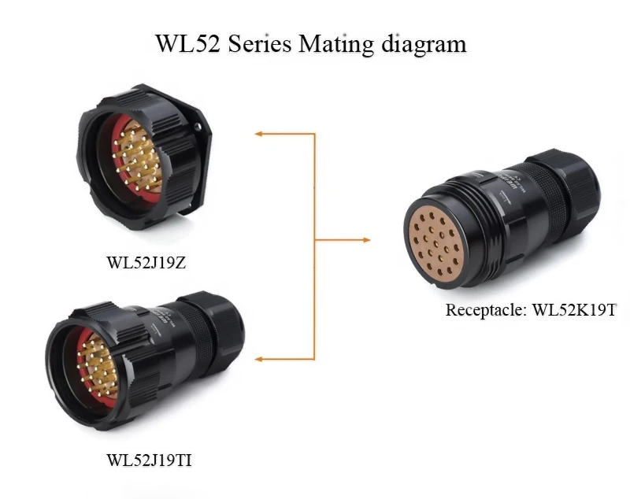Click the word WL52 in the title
[190, 43]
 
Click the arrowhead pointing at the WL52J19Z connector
[260, 134]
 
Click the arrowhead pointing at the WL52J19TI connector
[260, 360]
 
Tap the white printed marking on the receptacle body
[504, 184]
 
